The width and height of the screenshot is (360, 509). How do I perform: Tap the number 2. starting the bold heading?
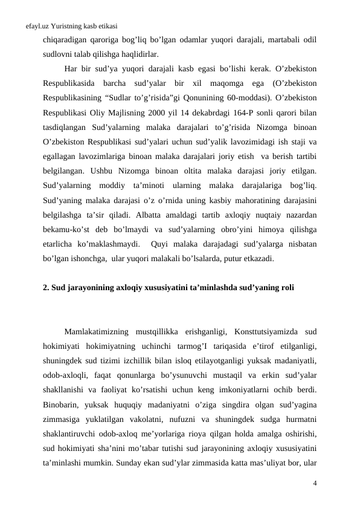(x=47, y=288)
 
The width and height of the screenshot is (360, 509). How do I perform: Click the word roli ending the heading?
(x=288, y=288)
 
